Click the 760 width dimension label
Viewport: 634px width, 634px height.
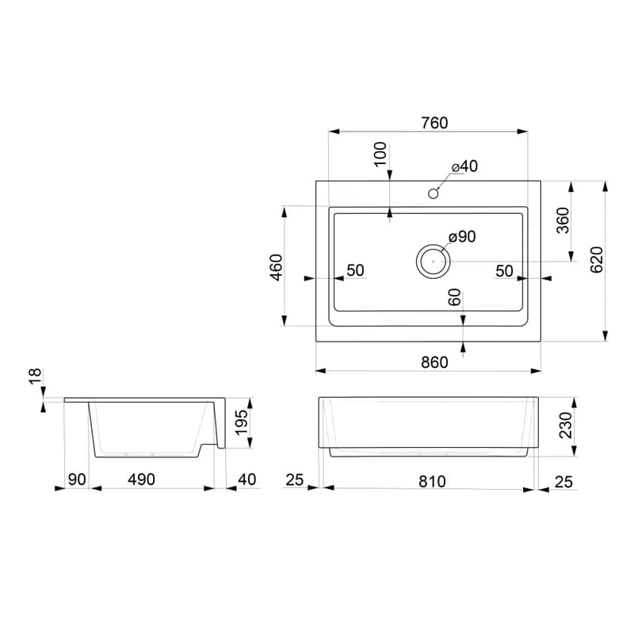coord(434,123)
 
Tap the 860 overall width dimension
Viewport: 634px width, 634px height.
coord(434,362)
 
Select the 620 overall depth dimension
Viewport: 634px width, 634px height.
coord(598,260)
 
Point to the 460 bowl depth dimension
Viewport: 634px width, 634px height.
coord(277,267)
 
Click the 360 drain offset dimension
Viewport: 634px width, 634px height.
coord(563,220)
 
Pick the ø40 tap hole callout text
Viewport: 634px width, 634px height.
coord(464,166)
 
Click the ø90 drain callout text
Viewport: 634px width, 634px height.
coord(462,236)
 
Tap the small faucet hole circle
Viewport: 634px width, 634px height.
coord(433,193)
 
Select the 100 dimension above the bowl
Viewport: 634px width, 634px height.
coord(380,154)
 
